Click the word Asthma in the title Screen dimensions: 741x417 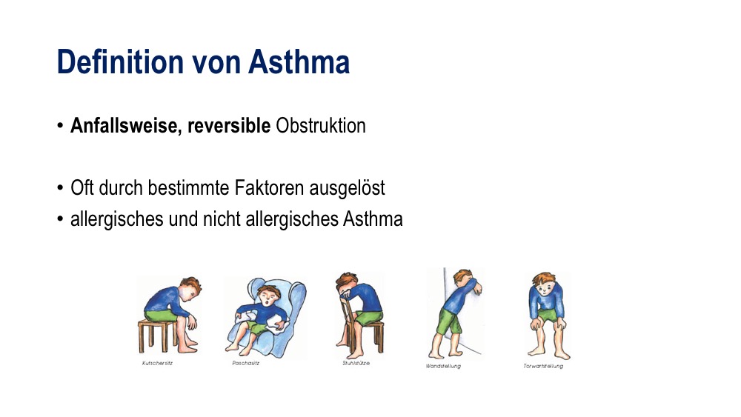(299, 62)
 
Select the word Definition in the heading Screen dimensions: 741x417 (120, 62)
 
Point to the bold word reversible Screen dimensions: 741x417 (229, 126)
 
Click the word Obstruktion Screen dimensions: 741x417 (321, 126)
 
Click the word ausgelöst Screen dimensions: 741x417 (348, 188)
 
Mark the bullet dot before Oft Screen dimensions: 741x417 (60, 188)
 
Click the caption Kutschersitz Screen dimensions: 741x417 (157, 363)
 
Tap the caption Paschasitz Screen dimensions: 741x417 (246, 363)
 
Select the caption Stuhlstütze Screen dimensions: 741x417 (356, 363)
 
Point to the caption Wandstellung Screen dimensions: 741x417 (443, 366)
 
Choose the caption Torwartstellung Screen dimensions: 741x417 (543, 366)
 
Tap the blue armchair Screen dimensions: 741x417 (267, 317)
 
